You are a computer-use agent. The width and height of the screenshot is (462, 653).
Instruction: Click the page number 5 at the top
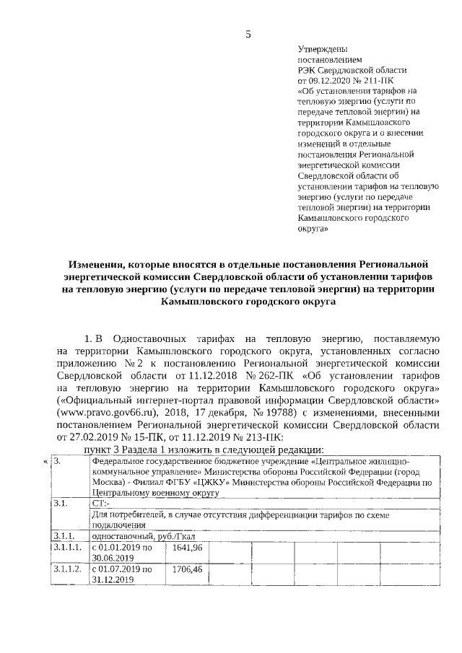pyautogui.click(x=248, y=34)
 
